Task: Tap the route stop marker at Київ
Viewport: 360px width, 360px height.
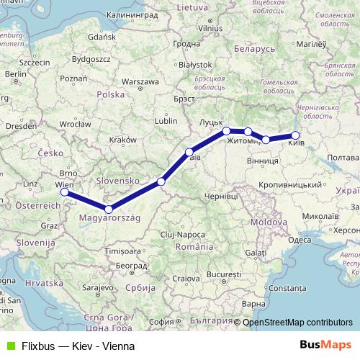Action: coord(295,135)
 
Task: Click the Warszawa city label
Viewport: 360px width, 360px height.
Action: coord(140,81)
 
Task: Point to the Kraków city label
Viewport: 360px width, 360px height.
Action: coord(122,139)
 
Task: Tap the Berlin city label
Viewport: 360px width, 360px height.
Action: coord(15,73)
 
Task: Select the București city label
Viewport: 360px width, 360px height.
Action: coord(223,276)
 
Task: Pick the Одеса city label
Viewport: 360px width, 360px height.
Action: coord(299,240)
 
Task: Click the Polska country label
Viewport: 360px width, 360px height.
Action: coord(111,94)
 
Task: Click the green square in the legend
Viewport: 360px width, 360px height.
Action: coord(9,346)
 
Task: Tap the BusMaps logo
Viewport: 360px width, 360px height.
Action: coord(326,346)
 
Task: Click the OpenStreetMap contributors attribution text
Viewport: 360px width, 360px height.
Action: coord(297,323)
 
